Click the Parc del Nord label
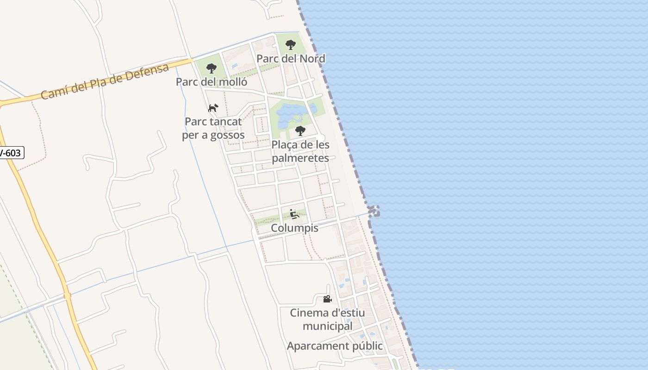[291, 59]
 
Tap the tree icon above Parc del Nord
[291, 45]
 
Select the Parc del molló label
[212, 82]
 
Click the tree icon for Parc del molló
[212, 68]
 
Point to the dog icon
[213, 108]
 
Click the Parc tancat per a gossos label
[213, 129]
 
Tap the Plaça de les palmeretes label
[300, 151]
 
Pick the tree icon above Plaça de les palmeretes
[300, 131]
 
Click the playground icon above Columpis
[294, 214]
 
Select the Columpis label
[295, 228]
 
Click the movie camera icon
[327, 299]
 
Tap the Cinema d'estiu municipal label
[327, 320]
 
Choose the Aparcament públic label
[335, 346]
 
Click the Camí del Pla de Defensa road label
[105, 82]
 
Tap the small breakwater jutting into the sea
[374, 211]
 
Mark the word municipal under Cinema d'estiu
[327, 326]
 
